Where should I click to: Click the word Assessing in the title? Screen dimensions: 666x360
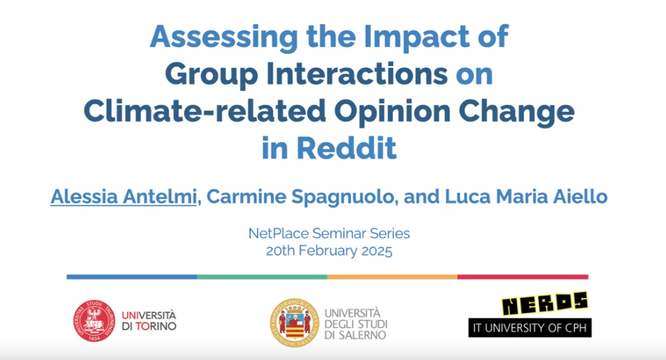pos(224,37)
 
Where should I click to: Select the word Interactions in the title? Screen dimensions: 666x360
pos(357,74)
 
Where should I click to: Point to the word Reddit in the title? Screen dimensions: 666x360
pos(346,148)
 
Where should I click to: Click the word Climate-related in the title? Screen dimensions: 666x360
pos(205,111)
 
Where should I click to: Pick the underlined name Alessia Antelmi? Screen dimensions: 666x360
pos(124,197)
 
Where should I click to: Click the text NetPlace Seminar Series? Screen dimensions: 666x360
pos(329,233)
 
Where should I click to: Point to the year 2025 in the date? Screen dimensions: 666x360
pos(377,250)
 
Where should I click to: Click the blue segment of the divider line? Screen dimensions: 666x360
pos(132,277)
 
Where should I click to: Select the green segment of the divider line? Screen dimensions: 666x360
pos(262,277)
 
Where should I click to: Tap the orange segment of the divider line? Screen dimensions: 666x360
pos(392,277)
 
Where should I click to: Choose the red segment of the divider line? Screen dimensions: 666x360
pos(523,277)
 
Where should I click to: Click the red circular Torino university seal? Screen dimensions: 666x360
pos(94,321)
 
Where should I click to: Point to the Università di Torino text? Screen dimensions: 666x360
pos(149,321)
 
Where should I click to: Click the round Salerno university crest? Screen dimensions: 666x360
pos(295,323)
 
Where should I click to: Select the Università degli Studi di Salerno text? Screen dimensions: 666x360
pos(356,324)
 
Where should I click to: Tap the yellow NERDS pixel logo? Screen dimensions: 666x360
pos(545,304)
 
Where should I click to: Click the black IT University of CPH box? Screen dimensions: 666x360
pos(529,328)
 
